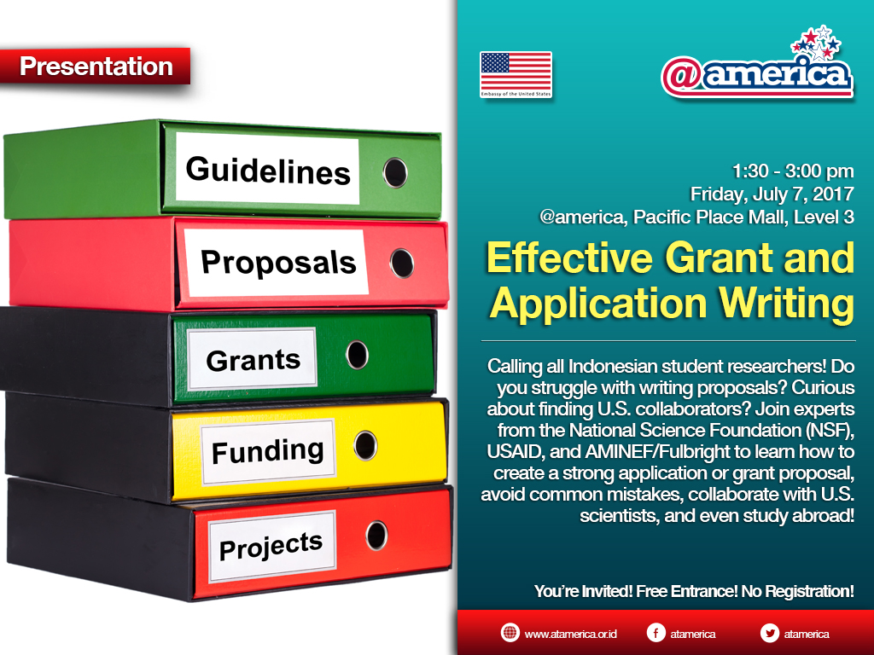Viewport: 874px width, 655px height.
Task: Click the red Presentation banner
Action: tap(96, 67)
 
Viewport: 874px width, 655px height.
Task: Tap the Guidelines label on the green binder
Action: tap(267, 169)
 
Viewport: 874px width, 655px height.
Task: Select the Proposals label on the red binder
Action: tap(277, 262)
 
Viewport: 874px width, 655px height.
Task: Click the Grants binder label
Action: tap(253, 359)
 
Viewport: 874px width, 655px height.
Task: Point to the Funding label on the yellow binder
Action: tap(267, 451)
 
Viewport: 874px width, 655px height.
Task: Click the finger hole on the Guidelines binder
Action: tap(395, 172)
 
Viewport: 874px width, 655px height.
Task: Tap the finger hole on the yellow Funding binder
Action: tap(365, 445)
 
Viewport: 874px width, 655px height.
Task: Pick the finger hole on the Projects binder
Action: tap(376, 536)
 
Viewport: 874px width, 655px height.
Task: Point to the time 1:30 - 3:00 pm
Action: tap(793, 171)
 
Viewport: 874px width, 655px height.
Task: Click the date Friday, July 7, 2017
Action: tap(772, 194)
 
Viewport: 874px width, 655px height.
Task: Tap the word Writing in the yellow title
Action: tap(786, 304)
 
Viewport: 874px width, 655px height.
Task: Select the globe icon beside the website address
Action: tap(510, 633)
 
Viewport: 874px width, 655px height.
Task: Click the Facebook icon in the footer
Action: tap(656, 633)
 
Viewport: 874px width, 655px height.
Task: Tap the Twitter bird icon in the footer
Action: tap(770, 633)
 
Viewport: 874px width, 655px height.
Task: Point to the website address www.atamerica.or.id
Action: tap(570, 634)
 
